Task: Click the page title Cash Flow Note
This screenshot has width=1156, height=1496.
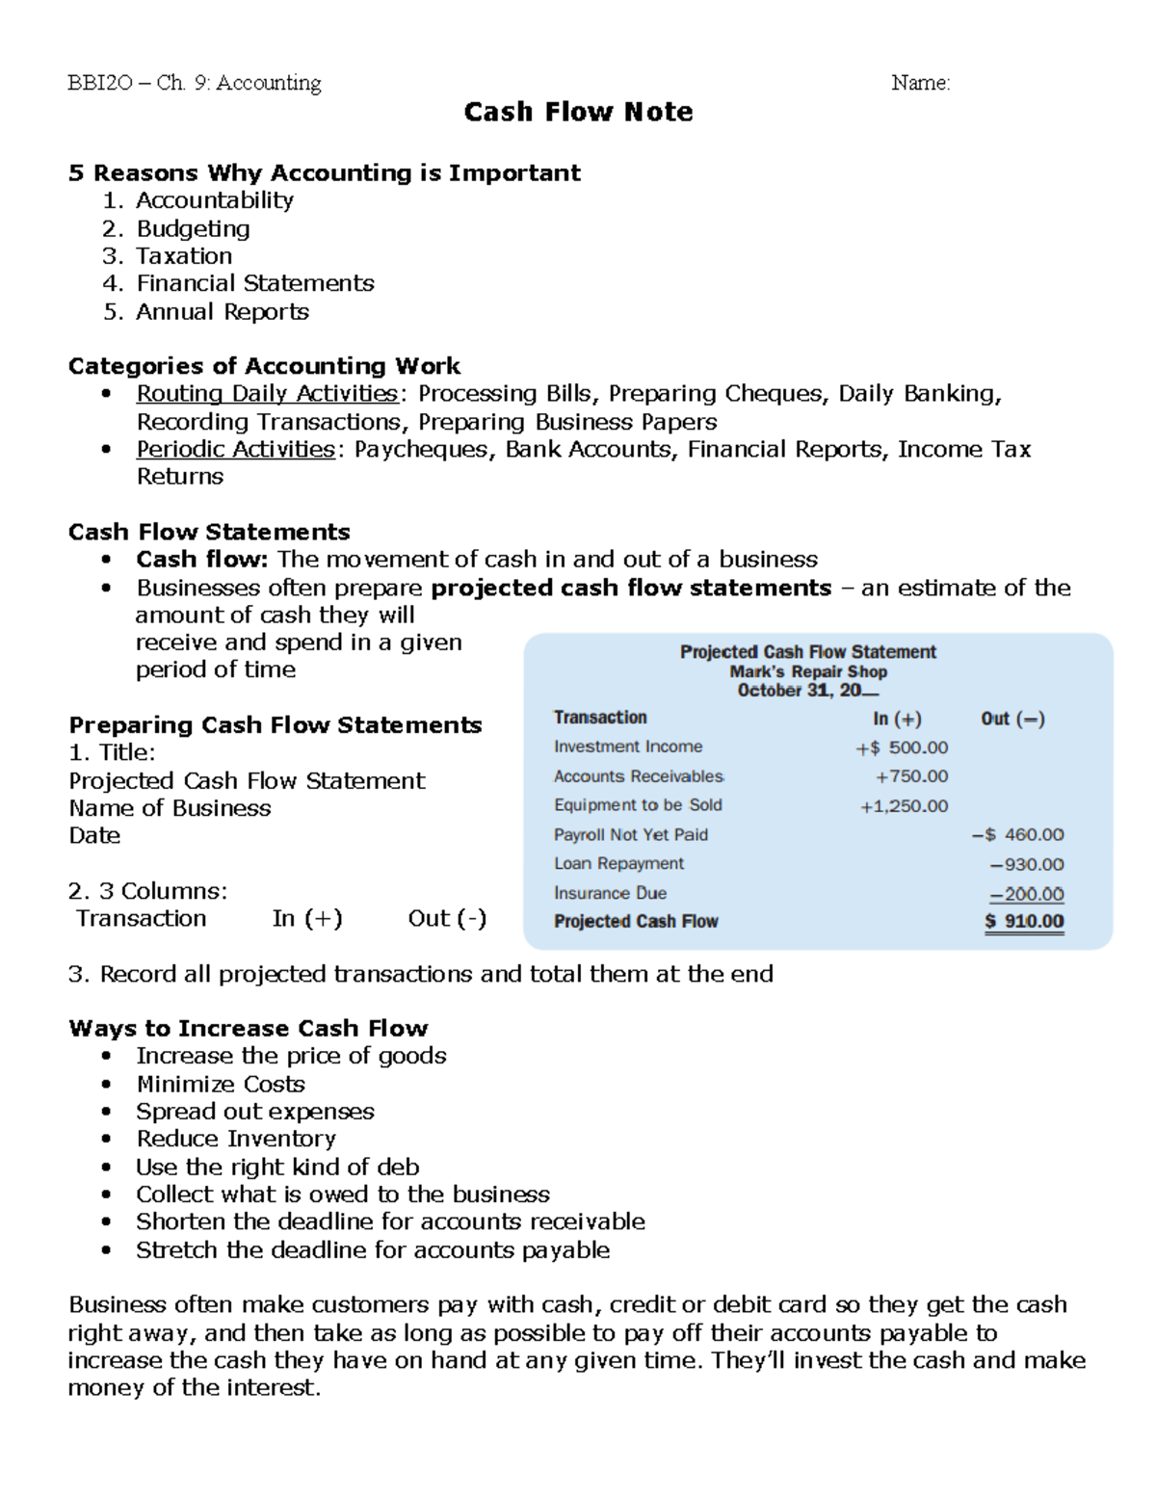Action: coord(578,112)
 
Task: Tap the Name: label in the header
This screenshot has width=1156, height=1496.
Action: coord(920,83)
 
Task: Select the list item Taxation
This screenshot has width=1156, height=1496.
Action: coord(184,256)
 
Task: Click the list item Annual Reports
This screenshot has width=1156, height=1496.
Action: coord(223,312)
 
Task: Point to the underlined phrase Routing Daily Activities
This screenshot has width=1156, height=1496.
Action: coord(267,394)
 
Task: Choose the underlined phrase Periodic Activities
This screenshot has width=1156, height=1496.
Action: coord(235,450)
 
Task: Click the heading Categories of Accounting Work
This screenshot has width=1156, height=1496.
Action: coord(264,366)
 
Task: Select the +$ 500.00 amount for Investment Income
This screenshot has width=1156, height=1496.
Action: coord(902,748)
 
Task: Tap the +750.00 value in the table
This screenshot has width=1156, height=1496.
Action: coord(911,776)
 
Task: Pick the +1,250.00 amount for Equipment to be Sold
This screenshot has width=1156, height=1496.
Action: coord(904,806)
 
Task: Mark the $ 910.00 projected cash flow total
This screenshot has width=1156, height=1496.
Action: coord(1024,921)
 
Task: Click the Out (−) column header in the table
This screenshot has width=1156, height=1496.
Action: coord(1012,719)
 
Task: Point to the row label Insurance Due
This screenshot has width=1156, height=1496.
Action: coord(610,894)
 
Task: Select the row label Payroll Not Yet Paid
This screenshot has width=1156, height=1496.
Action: coord(630,835)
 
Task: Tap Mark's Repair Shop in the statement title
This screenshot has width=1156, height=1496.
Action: coord(807,671)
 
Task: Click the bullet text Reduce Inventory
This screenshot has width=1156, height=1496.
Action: coord(236,1139)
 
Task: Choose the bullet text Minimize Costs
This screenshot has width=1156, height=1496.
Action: coord(221,1084)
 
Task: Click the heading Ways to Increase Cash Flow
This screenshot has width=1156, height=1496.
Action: coord(249,1028)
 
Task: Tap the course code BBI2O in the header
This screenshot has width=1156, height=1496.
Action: coord(100,83)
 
